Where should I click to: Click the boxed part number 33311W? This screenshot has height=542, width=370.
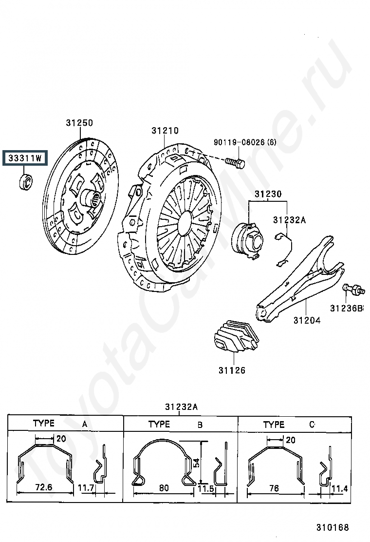[x=25, y=158]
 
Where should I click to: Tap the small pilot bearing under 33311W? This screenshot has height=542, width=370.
[x=25, y=182]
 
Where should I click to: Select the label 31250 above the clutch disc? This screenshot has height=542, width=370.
[x=79, y=123]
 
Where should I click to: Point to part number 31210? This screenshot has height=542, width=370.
[x=165, y=131]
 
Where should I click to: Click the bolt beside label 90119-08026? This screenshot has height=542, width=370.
[x=235, y=162]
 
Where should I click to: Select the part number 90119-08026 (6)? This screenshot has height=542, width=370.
[x=245, y=142]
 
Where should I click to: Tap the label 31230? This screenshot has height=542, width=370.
[x=268, y=194]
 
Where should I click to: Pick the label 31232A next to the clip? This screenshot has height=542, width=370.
[x=289, y=220]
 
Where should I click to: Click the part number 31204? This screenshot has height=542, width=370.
[x=307, y=320]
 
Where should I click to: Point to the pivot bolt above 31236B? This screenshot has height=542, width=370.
[x=353, y=290]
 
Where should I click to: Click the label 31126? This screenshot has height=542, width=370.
[x=232, y=370]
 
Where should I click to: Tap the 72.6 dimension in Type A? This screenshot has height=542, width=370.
[x=44, y=487]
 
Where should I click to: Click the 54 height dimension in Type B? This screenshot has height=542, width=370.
[x=196, y=463]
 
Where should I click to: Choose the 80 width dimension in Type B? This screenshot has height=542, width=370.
[x=164, y=488]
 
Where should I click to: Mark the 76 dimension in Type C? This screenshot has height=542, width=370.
[x=274, y=488]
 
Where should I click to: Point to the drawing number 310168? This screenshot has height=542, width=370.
[x=333, y=527]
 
